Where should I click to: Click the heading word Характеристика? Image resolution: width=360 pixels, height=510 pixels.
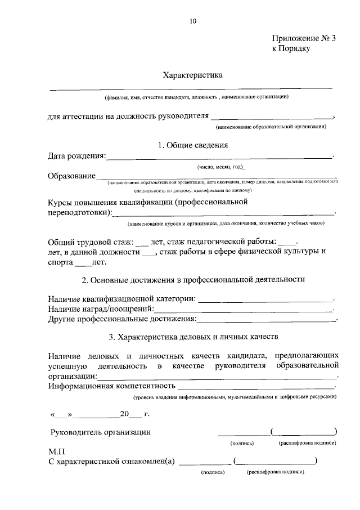tap(193, 74)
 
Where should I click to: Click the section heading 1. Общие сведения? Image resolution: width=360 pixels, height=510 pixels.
tap(193, 145)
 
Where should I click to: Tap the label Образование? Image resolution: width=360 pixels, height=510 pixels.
tap(71, 176)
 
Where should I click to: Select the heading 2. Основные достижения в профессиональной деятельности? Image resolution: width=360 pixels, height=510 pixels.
tap(193, 279)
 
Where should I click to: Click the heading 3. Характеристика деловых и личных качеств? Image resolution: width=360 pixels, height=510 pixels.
tap(193, 338)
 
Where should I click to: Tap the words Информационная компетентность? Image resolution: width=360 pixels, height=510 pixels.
tap(111, 387)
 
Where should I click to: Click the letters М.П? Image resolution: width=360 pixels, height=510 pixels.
tap(57, 451)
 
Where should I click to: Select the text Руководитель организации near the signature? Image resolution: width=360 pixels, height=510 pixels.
tap(100, 432)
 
